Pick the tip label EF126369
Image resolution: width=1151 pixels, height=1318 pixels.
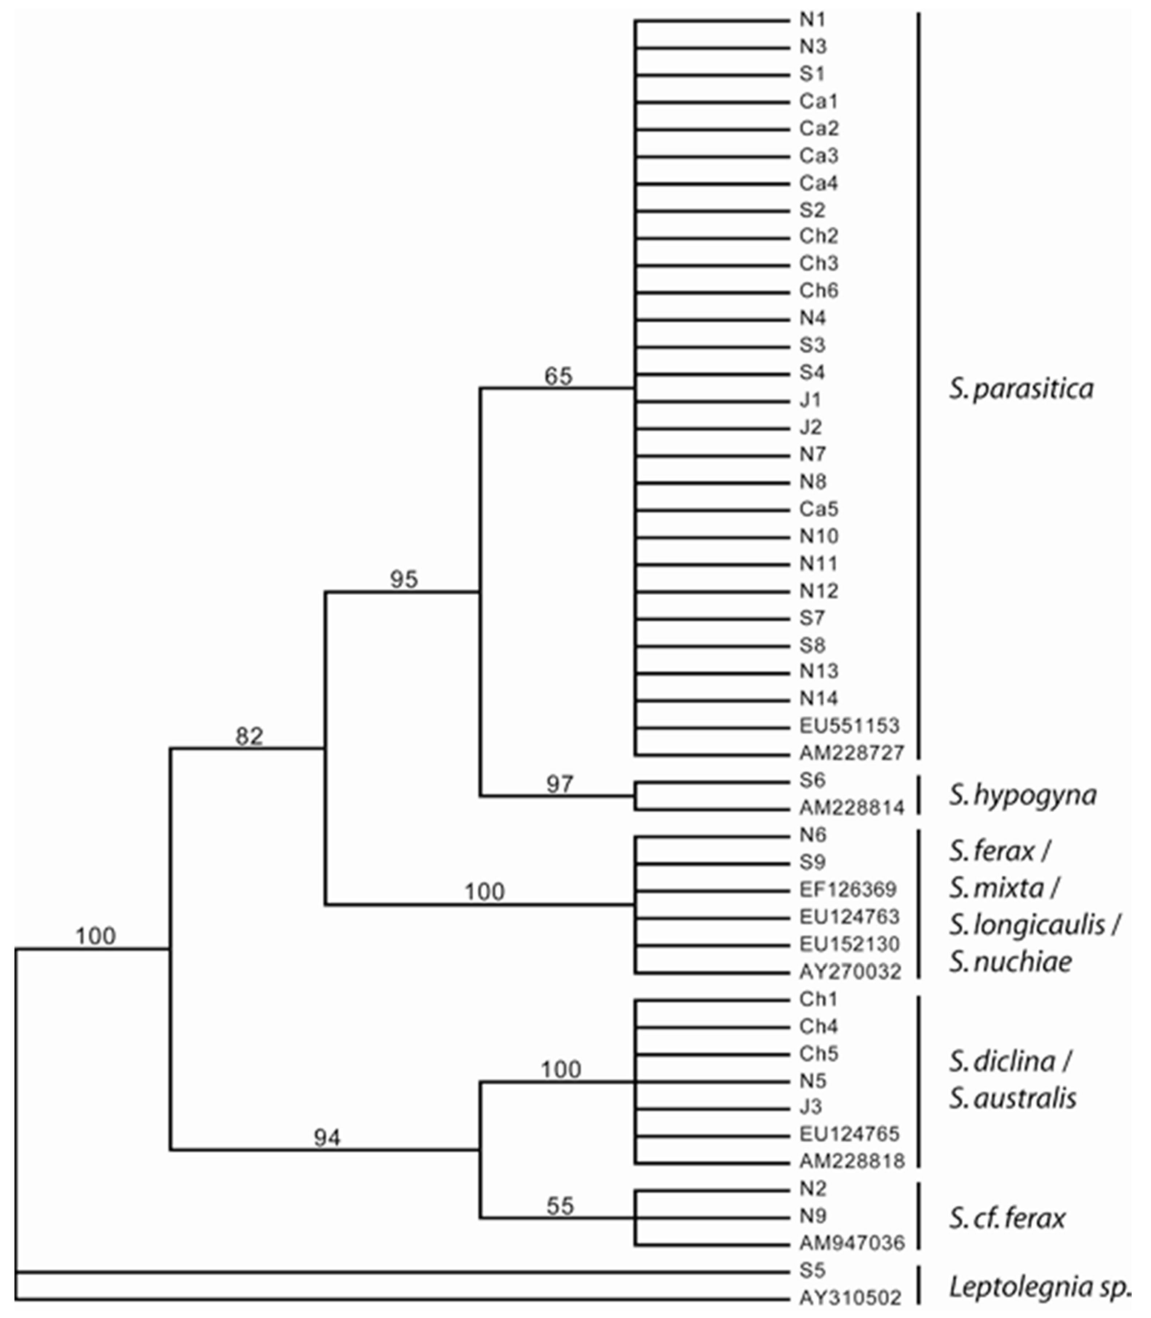(x=847, y=889)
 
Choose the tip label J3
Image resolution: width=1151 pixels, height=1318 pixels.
(x=811, y=1107)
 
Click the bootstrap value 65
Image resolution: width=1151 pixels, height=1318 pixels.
(x=558, y=376)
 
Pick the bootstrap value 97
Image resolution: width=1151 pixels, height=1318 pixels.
(x=559, y=784)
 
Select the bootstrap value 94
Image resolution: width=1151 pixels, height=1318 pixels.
(x=327, y=1139)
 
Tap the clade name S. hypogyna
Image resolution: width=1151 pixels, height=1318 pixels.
(x=1023, y=795)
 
